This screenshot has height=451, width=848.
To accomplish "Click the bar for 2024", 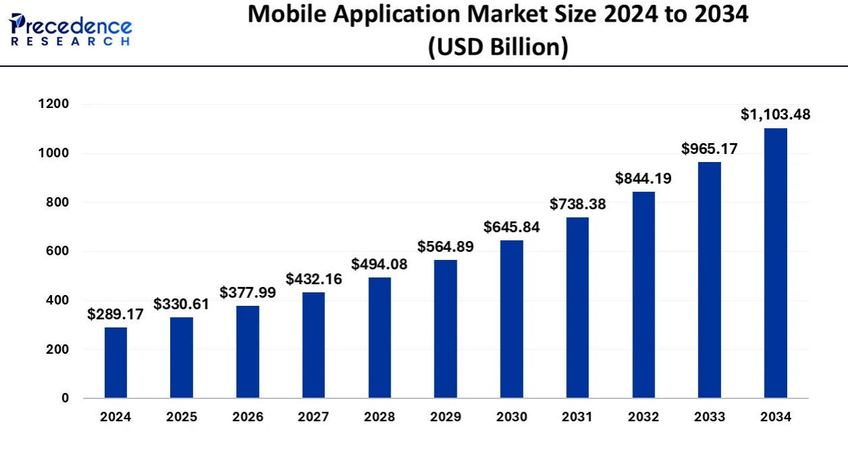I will pos(116,363).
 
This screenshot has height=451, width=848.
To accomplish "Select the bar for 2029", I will pos(445,329).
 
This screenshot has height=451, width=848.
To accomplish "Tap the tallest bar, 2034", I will pos(775,263).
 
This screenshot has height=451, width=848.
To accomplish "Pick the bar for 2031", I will pos(578,307).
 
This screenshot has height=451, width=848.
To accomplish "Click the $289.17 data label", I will pos(116,314).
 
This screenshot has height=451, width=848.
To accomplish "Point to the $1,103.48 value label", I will pos(775,114).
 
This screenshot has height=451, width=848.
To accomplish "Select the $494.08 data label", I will pos(380,264).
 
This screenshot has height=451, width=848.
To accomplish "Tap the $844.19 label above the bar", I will pos(643,178).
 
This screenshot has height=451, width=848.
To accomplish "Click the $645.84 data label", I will pos(512,227).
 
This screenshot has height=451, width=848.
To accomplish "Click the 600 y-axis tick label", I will pos(57,251).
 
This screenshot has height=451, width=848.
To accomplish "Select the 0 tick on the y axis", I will pos(65,398).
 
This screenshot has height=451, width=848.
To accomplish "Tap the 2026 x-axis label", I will pos(247,417).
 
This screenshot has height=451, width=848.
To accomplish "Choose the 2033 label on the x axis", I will pos(709,417).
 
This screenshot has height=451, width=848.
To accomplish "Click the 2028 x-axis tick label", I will pos(380,417).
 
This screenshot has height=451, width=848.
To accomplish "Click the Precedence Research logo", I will pos(70,29).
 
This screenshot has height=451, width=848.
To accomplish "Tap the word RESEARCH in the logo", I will pos(70,42).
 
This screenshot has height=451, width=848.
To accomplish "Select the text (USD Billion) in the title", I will pos(498,47).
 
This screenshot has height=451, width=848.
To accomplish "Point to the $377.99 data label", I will pos(247,292).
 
